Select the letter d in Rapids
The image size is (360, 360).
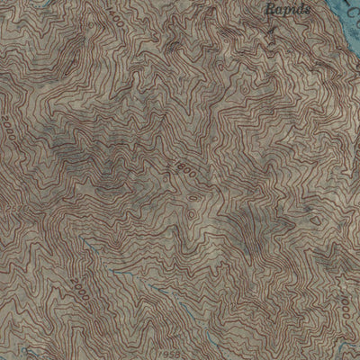point(298,9)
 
